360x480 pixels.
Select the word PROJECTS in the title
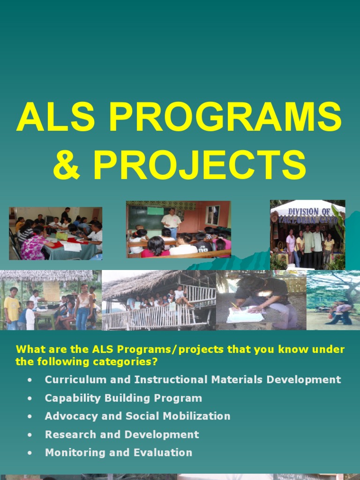200,165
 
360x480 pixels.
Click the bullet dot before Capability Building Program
30,398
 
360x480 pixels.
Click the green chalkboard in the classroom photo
145,218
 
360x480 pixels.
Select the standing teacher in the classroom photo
171,223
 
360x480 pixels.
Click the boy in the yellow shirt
11,307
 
